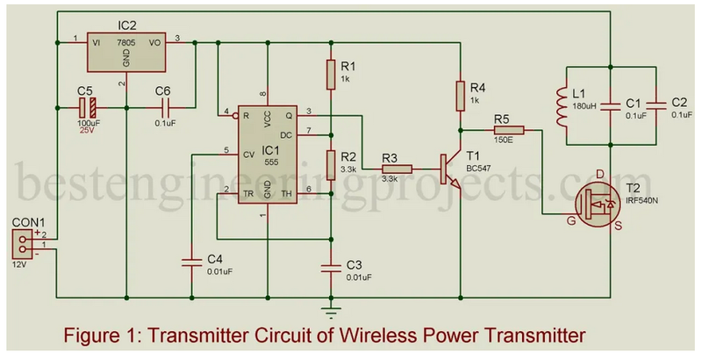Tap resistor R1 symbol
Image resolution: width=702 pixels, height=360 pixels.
point(331,73)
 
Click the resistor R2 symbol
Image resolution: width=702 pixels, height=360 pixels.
point(331,163)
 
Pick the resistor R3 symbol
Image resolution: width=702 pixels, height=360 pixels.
point(397,169)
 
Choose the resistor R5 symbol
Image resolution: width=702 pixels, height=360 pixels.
point(510,131)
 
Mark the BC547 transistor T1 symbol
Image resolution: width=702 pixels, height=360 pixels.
point(451,169)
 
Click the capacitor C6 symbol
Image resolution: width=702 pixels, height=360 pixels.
point(164,108)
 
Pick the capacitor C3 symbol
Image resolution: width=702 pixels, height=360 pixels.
point(331,266)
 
